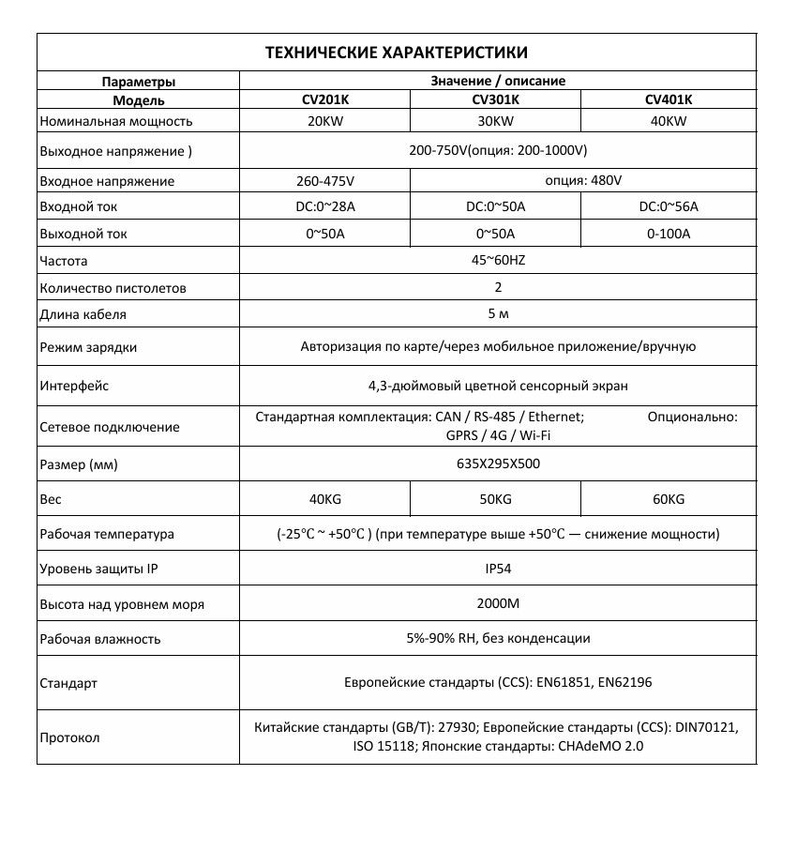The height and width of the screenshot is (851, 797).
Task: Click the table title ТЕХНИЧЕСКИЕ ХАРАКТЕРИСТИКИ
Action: (x=397, y=53)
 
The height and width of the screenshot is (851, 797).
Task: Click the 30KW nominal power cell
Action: (x=495, y=121)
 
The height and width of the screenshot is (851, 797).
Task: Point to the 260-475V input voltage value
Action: (x=324, y=181)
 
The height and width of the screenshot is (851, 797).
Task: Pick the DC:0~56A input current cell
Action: (x=668, y=207)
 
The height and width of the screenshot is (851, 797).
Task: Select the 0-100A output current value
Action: (x=668, y=234)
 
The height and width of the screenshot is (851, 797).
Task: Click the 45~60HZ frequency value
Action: (x=498, y=261)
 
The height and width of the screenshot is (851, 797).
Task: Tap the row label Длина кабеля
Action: (x=83, y=314)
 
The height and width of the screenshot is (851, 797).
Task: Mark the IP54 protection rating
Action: (x=498, y=568)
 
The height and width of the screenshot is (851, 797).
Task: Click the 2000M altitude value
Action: (x=498, y=603)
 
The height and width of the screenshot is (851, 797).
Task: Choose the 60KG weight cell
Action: (x=668, y=499)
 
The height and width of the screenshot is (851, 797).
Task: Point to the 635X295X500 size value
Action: (x=498, y=463)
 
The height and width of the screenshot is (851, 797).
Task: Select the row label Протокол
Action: (x=69, y=737)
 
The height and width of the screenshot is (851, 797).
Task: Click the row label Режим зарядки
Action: (x=88, y=347)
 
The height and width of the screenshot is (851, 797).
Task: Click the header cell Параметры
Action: (x=138, y=82)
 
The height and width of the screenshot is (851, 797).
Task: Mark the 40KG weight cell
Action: (x=324, y=499)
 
